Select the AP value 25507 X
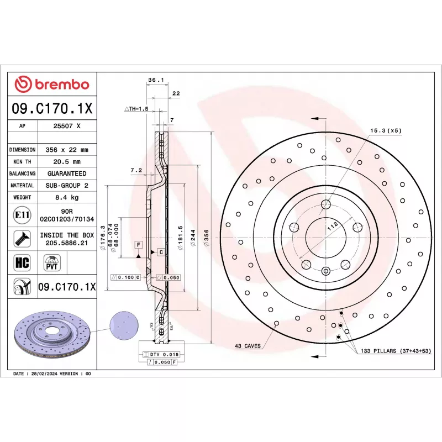point(67,126)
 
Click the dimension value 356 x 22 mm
point(67,150)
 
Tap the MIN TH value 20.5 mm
point(67,162)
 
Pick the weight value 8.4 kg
point(67,197)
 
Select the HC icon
point(22,262)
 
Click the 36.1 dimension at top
point(155,80)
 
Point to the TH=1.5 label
point(136,109)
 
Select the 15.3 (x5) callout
point(386,131)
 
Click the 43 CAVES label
point(247,346)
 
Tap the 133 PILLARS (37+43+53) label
point(395,351)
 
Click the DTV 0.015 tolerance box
point(161,354)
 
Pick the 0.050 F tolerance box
point(162,362)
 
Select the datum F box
point(138,244)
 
